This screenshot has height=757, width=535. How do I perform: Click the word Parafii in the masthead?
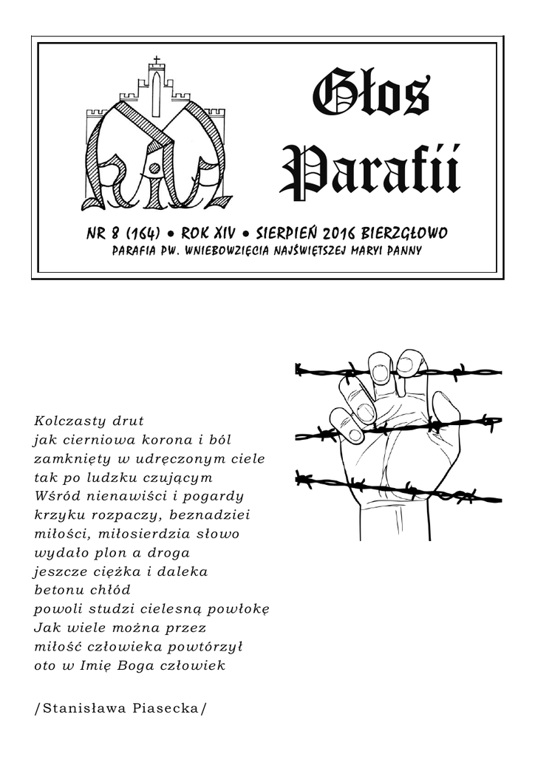[x=370, y=171]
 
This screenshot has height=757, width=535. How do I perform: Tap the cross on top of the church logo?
[x=156, y=60]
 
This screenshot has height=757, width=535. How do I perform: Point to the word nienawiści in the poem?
[x=137, y=495]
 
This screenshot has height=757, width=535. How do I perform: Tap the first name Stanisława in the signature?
[x=78, y=707]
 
